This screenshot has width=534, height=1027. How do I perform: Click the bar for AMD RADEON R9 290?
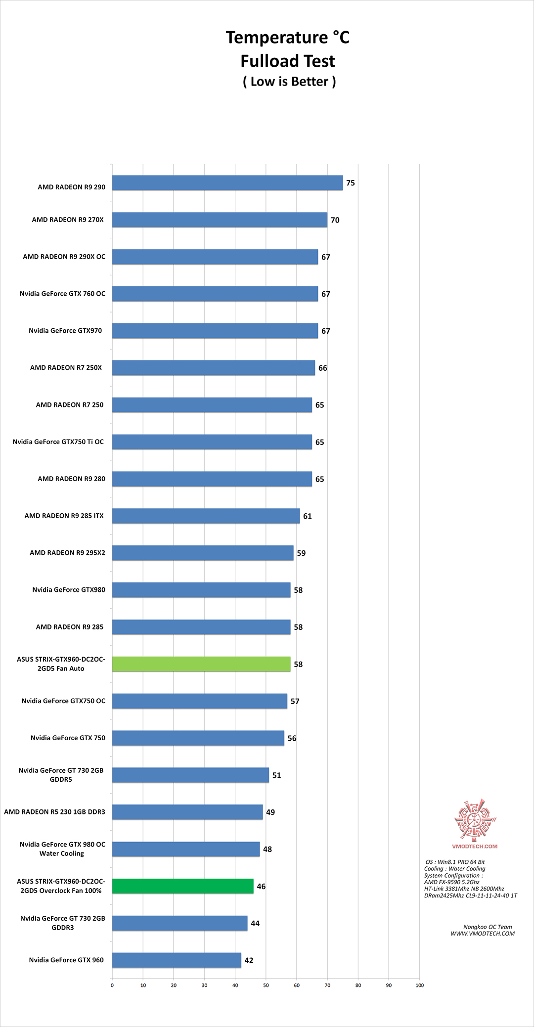click(227, 183)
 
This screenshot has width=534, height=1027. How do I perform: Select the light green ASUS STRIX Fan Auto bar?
click(201, 664)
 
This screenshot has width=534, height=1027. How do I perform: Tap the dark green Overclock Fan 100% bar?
click(183, 886)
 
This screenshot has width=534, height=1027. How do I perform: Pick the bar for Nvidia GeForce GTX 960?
click(177, 960)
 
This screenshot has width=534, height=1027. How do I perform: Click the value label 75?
click(351, 183)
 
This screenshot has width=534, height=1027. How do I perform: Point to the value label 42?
click(249, 960)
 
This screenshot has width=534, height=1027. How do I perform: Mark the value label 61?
click(308, 516)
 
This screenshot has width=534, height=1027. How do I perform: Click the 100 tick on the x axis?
click(420, 985)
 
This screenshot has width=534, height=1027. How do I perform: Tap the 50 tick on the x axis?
click(266, 985)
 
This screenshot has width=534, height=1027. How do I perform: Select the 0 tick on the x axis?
click(112, 985)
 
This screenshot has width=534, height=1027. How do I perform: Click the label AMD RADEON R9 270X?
click(68, 220)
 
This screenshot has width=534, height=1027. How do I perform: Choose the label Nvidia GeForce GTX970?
click(65, 331)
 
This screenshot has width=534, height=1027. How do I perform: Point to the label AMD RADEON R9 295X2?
click(67, 553)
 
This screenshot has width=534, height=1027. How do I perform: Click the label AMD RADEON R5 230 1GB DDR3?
click(54, 812)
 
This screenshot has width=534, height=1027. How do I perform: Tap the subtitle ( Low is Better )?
click(289, 82)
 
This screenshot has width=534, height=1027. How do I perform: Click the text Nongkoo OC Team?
click(488, 927)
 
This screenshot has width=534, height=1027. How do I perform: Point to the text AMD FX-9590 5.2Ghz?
click(452, 882)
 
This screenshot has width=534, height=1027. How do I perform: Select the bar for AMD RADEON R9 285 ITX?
click(206, 516)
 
